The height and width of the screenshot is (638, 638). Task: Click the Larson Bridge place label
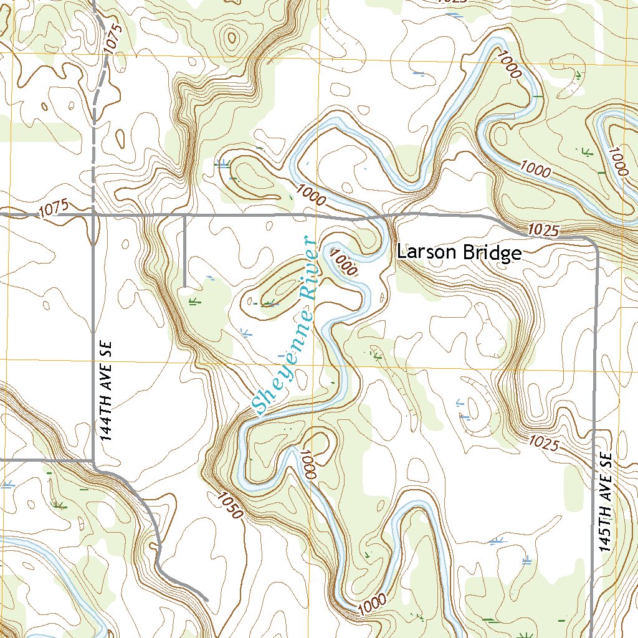point(459,253)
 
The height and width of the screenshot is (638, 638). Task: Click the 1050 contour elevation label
point(229,505)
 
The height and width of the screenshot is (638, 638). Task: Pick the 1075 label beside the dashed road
point(113,36)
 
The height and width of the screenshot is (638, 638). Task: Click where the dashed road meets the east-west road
point(93,214)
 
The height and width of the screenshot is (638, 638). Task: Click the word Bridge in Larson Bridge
point(490,253)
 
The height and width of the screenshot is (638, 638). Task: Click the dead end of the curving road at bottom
point(206,599)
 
